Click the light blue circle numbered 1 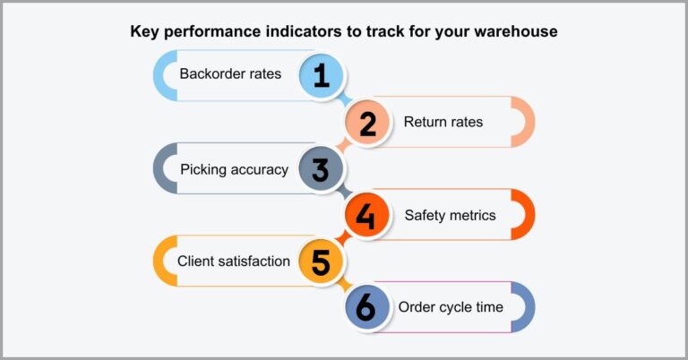point(321,75)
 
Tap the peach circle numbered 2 point(367,122)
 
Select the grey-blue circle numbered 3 point(321,168)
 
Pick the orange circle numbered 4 point(367,215)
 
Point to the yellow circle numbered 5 point(321,261)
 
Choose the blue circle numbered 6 point(367,308)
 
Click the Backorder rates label point(230,74)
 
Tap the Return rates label point(443,122)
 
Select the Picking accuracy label point(234,169)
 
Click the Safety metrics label point(450,215)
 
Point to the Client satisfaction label point(233,261)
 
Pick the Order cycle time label point(451,308)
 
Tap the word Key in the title point(144,32)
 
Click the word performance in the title point(210,32)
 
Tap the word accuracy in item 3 point(259,169)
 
